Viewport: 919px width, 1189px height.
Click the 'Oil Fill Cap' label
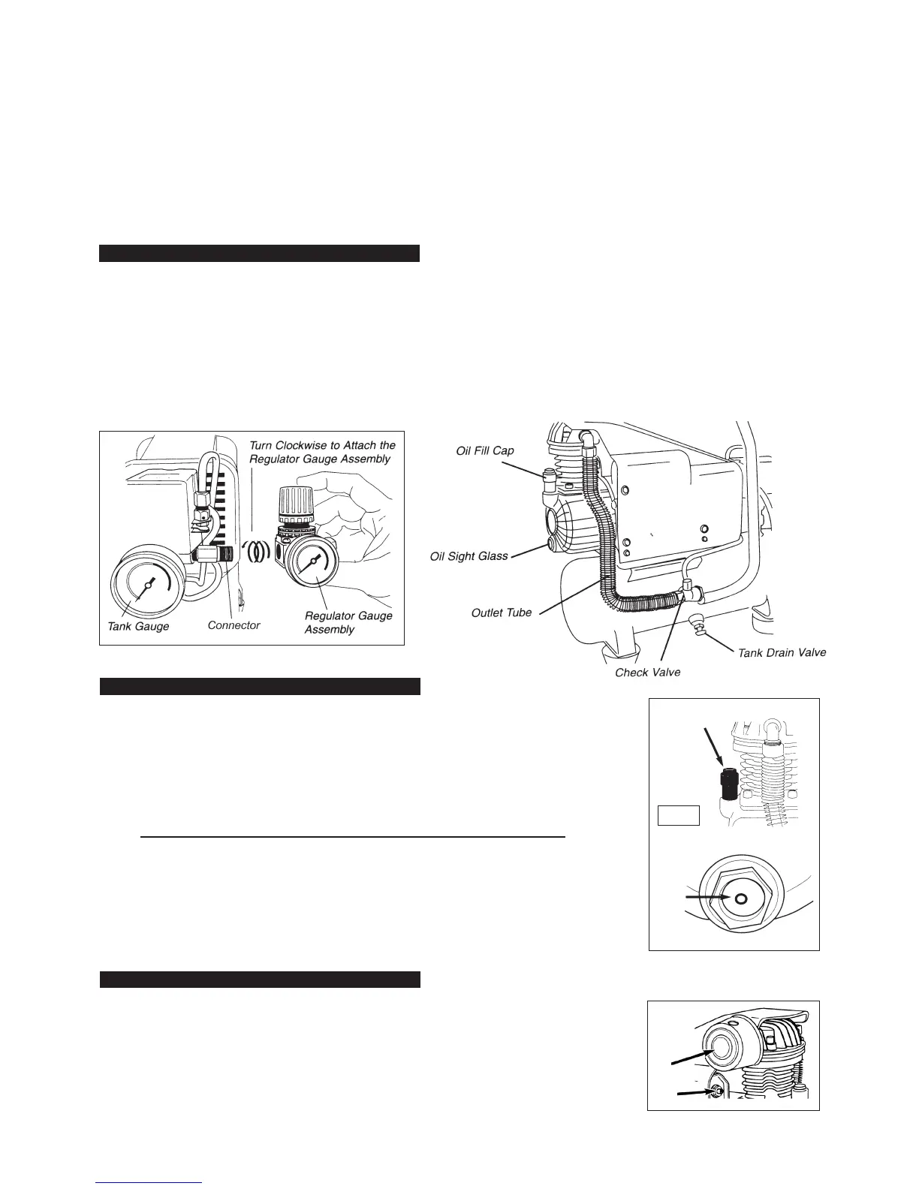tap(485, 450)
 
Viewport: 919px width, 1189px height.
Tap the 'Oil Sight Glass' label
tap(469, 556)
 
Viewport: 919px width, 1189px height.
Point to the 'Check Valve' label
tap(647, 672)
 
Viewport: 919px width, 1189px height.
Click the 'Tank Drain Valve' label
tap(782, 652)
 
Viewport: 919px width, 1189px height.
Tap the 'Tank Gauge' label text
tap(138, 626)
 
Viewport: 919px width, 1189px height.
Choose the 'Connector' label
tap(234, 625)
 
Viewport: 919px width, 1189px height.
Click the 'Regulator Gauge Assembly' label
tap(348, 622)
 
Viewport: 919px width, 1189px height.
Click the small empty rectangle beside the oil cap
tap(679, 815)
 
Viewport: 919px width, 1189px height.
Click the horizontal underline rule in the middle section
tap(352, 836)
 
